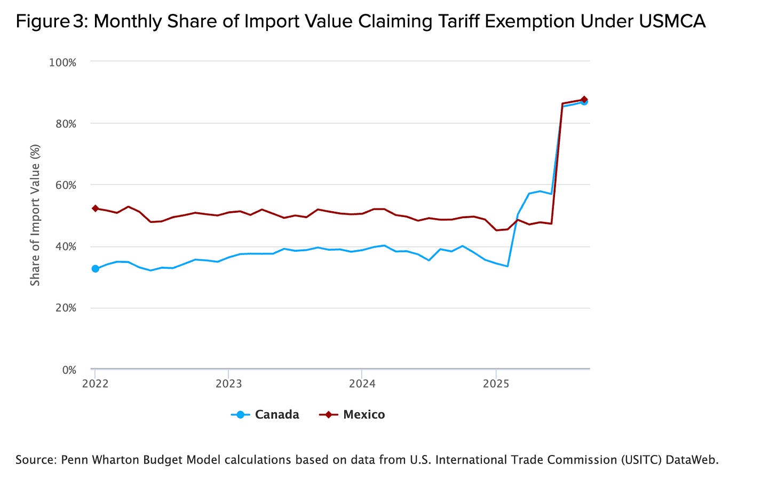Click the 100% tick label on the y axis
[x=62, y=62]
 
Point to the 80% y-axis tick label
[x=65, y=124]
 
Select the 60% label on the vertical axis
[x=65, y=185]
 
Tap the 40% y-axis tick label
[x=65, y=246]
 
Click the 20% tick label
[x=65, y=308]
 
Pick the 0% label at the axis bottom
[x=69, y=370]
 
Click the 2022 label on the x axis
[x=96, y=383]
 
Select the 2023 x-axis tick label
[x=228, y=383]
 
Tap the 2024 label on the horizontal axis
[x=362, y=383]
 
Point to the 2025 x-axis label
[x=496, y=383]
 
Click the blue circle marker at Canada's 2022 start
[x=95, y=268]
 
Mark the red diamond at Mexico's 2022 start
[x=95, y=209]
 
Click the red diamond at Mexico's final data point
[x=584, y=99]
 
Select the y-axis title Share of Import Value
[x=35, y=215]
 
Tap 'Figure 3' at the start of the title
[x=51, y=21]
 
